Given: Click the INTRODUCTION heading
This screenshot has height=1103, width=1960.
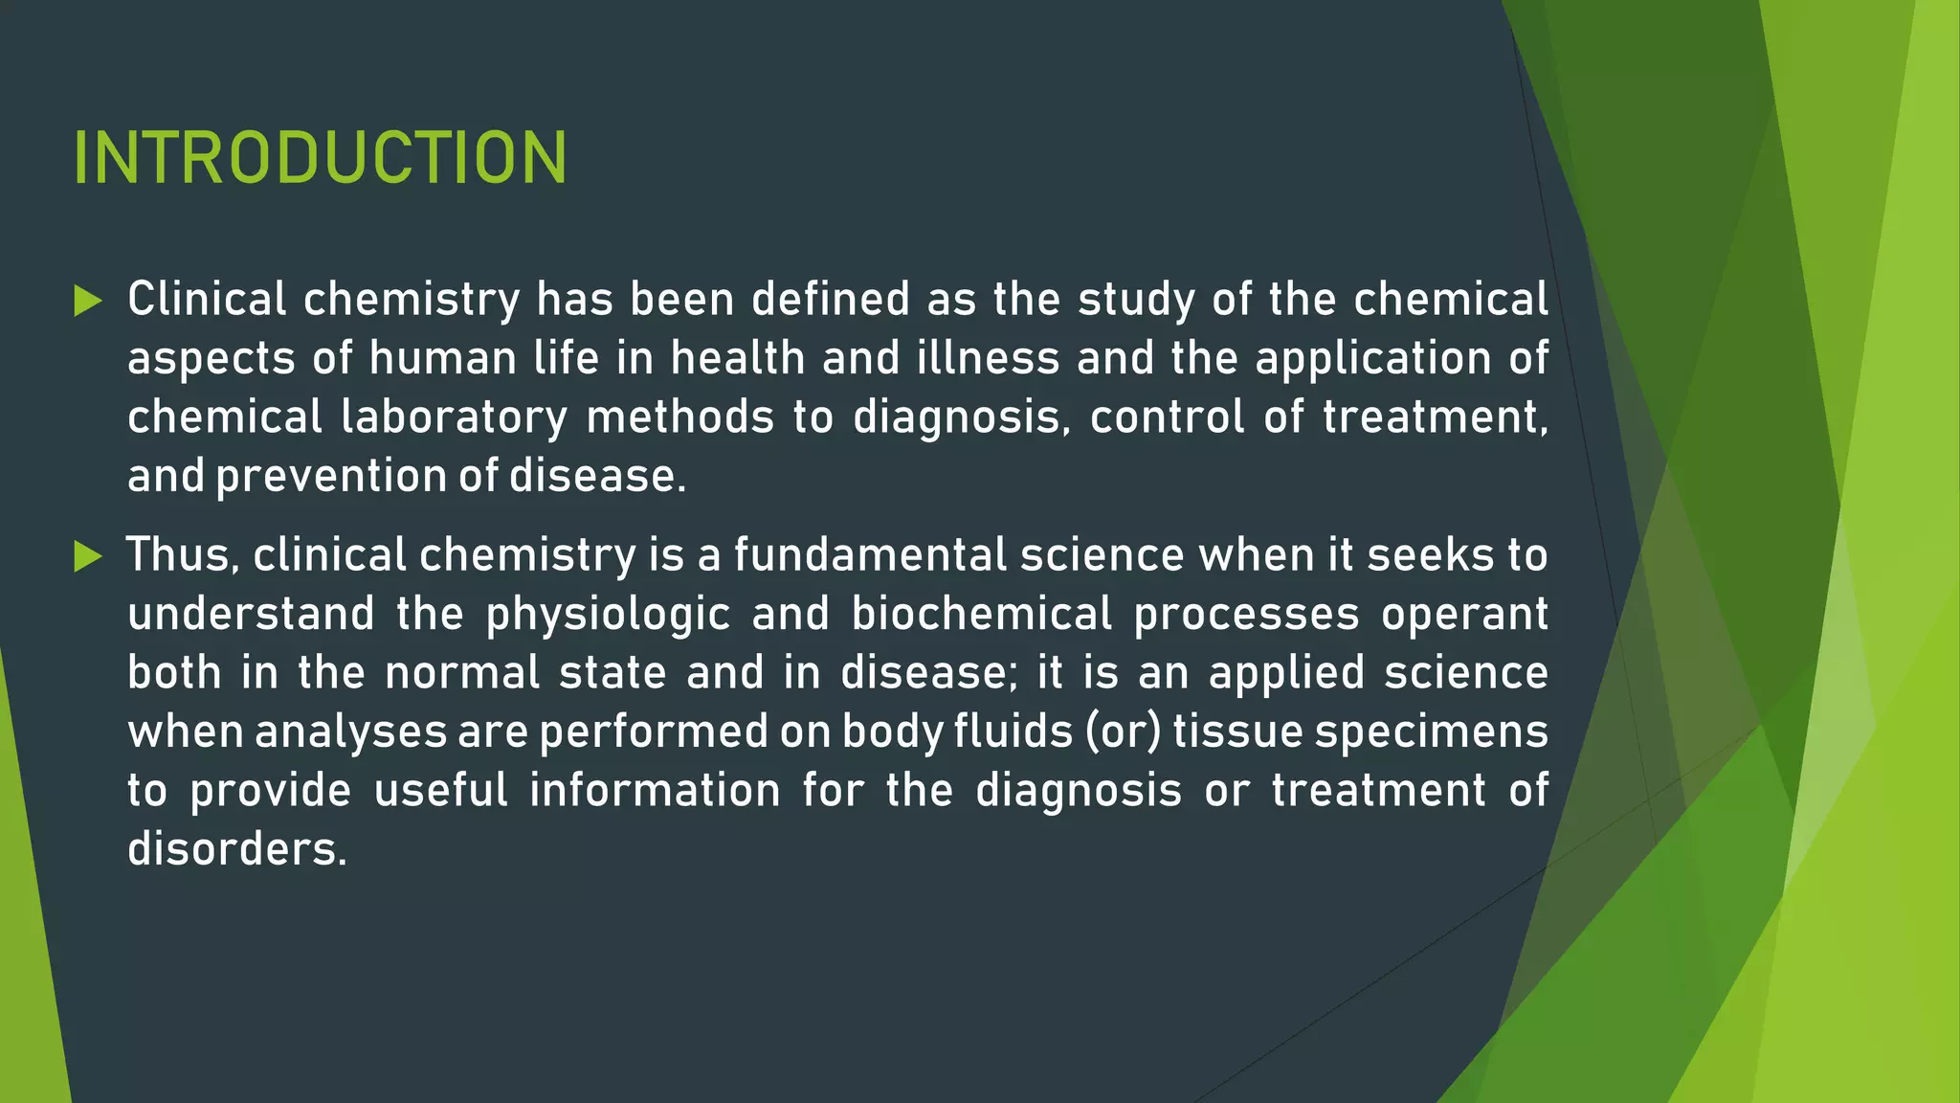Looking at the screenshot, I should [x=320, y=158].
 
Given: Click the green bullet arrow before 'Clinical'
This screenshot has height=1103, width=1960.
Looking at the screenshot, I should [x=87, y=302].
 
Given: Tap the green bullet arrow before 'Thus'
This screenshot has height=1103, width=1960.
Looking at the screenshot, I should [x=87, y=556].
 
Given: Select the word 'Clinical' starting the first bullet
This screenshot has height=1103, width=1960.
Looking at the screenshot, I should [x=207, y=300].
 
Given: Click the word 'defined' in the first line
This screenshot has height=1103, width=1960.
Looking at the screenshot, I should [x=830, y=300].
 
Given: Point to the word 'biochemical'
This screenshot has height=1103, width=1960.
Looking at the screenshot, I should [x=982, y=615].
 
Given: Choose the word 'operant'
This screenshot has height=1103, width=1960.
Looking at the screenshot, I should [x=1464, y=615].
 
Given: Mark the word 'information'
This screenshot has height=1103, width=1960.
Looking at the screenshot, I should [x=655, y=791].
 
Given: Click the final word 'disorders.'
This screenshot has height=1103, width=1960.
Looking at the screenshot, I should [x=236, y=849].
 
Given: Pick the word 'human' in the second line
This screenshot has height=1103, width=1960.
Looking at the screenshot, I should [x=442, y=359].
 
